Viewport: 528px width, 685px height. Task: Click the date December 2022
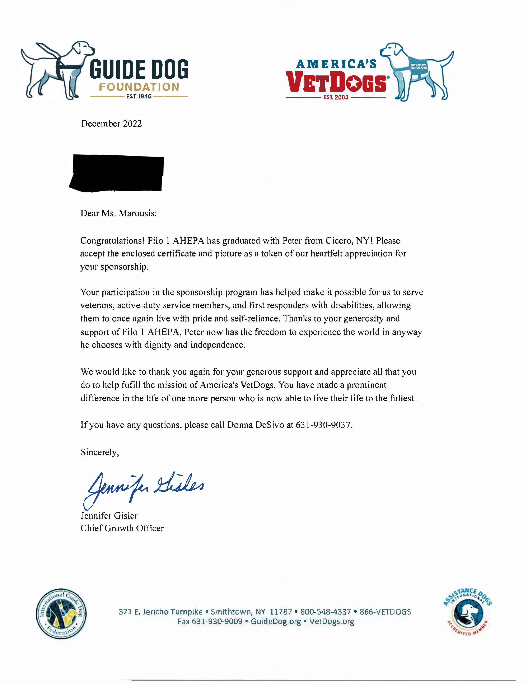coord(111,124)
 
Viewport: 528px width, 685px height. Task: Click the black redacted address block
coord(117,173)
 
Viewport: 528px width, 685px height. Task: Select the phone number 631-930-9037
coord(324,425)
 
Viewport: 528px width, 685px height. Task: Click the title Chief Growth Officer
coord(122,528)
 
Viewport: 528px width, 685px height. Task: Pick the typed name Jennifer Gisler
coord(109,516)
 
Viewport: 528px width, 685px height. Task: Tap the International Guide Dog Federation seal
coord(61,614)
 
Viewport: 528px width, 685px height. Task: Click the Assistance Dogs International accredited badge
coord(467,612)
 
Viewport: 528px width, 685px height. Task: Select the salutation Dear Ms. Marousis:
coord(118,213)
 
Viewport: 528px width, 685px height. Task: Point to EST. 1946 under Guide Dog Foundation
coord(139,97)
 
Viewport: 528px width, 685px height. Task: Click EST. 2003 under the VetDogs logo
coord(336,97)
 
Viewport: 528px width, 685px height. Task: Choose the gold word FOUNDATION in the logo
coord(139,87)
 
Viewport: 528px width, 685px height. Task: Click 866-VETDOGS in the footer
coord(385,612)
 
